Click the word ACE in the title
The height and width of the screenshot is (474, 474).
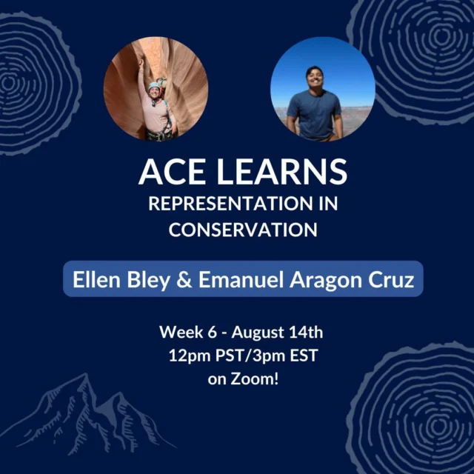[171, 172]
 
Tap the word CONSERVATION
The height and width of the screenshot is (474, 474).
[243, 230]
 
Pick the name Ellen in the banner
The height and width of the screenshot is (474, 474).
[96, 280]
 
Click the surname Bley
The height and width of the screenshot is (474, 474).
[148, 281]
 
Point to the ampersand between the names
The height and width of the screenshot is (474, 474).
[184, 280]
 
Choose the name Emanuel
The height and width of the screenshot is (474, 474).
[241, 280]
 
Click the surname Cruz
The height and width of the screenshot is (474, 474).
[391, 280]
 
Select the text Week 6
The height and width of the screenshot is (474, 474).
[188, 333]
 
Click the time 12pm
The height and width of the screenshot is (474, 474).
[190, 356]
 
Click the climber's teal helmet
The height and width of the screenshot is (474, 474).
[154, 86]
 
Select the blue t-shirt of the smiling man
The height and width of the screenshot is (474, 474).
[314, 114]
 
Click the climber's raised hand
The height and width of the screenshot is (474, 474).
[141, 62]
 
